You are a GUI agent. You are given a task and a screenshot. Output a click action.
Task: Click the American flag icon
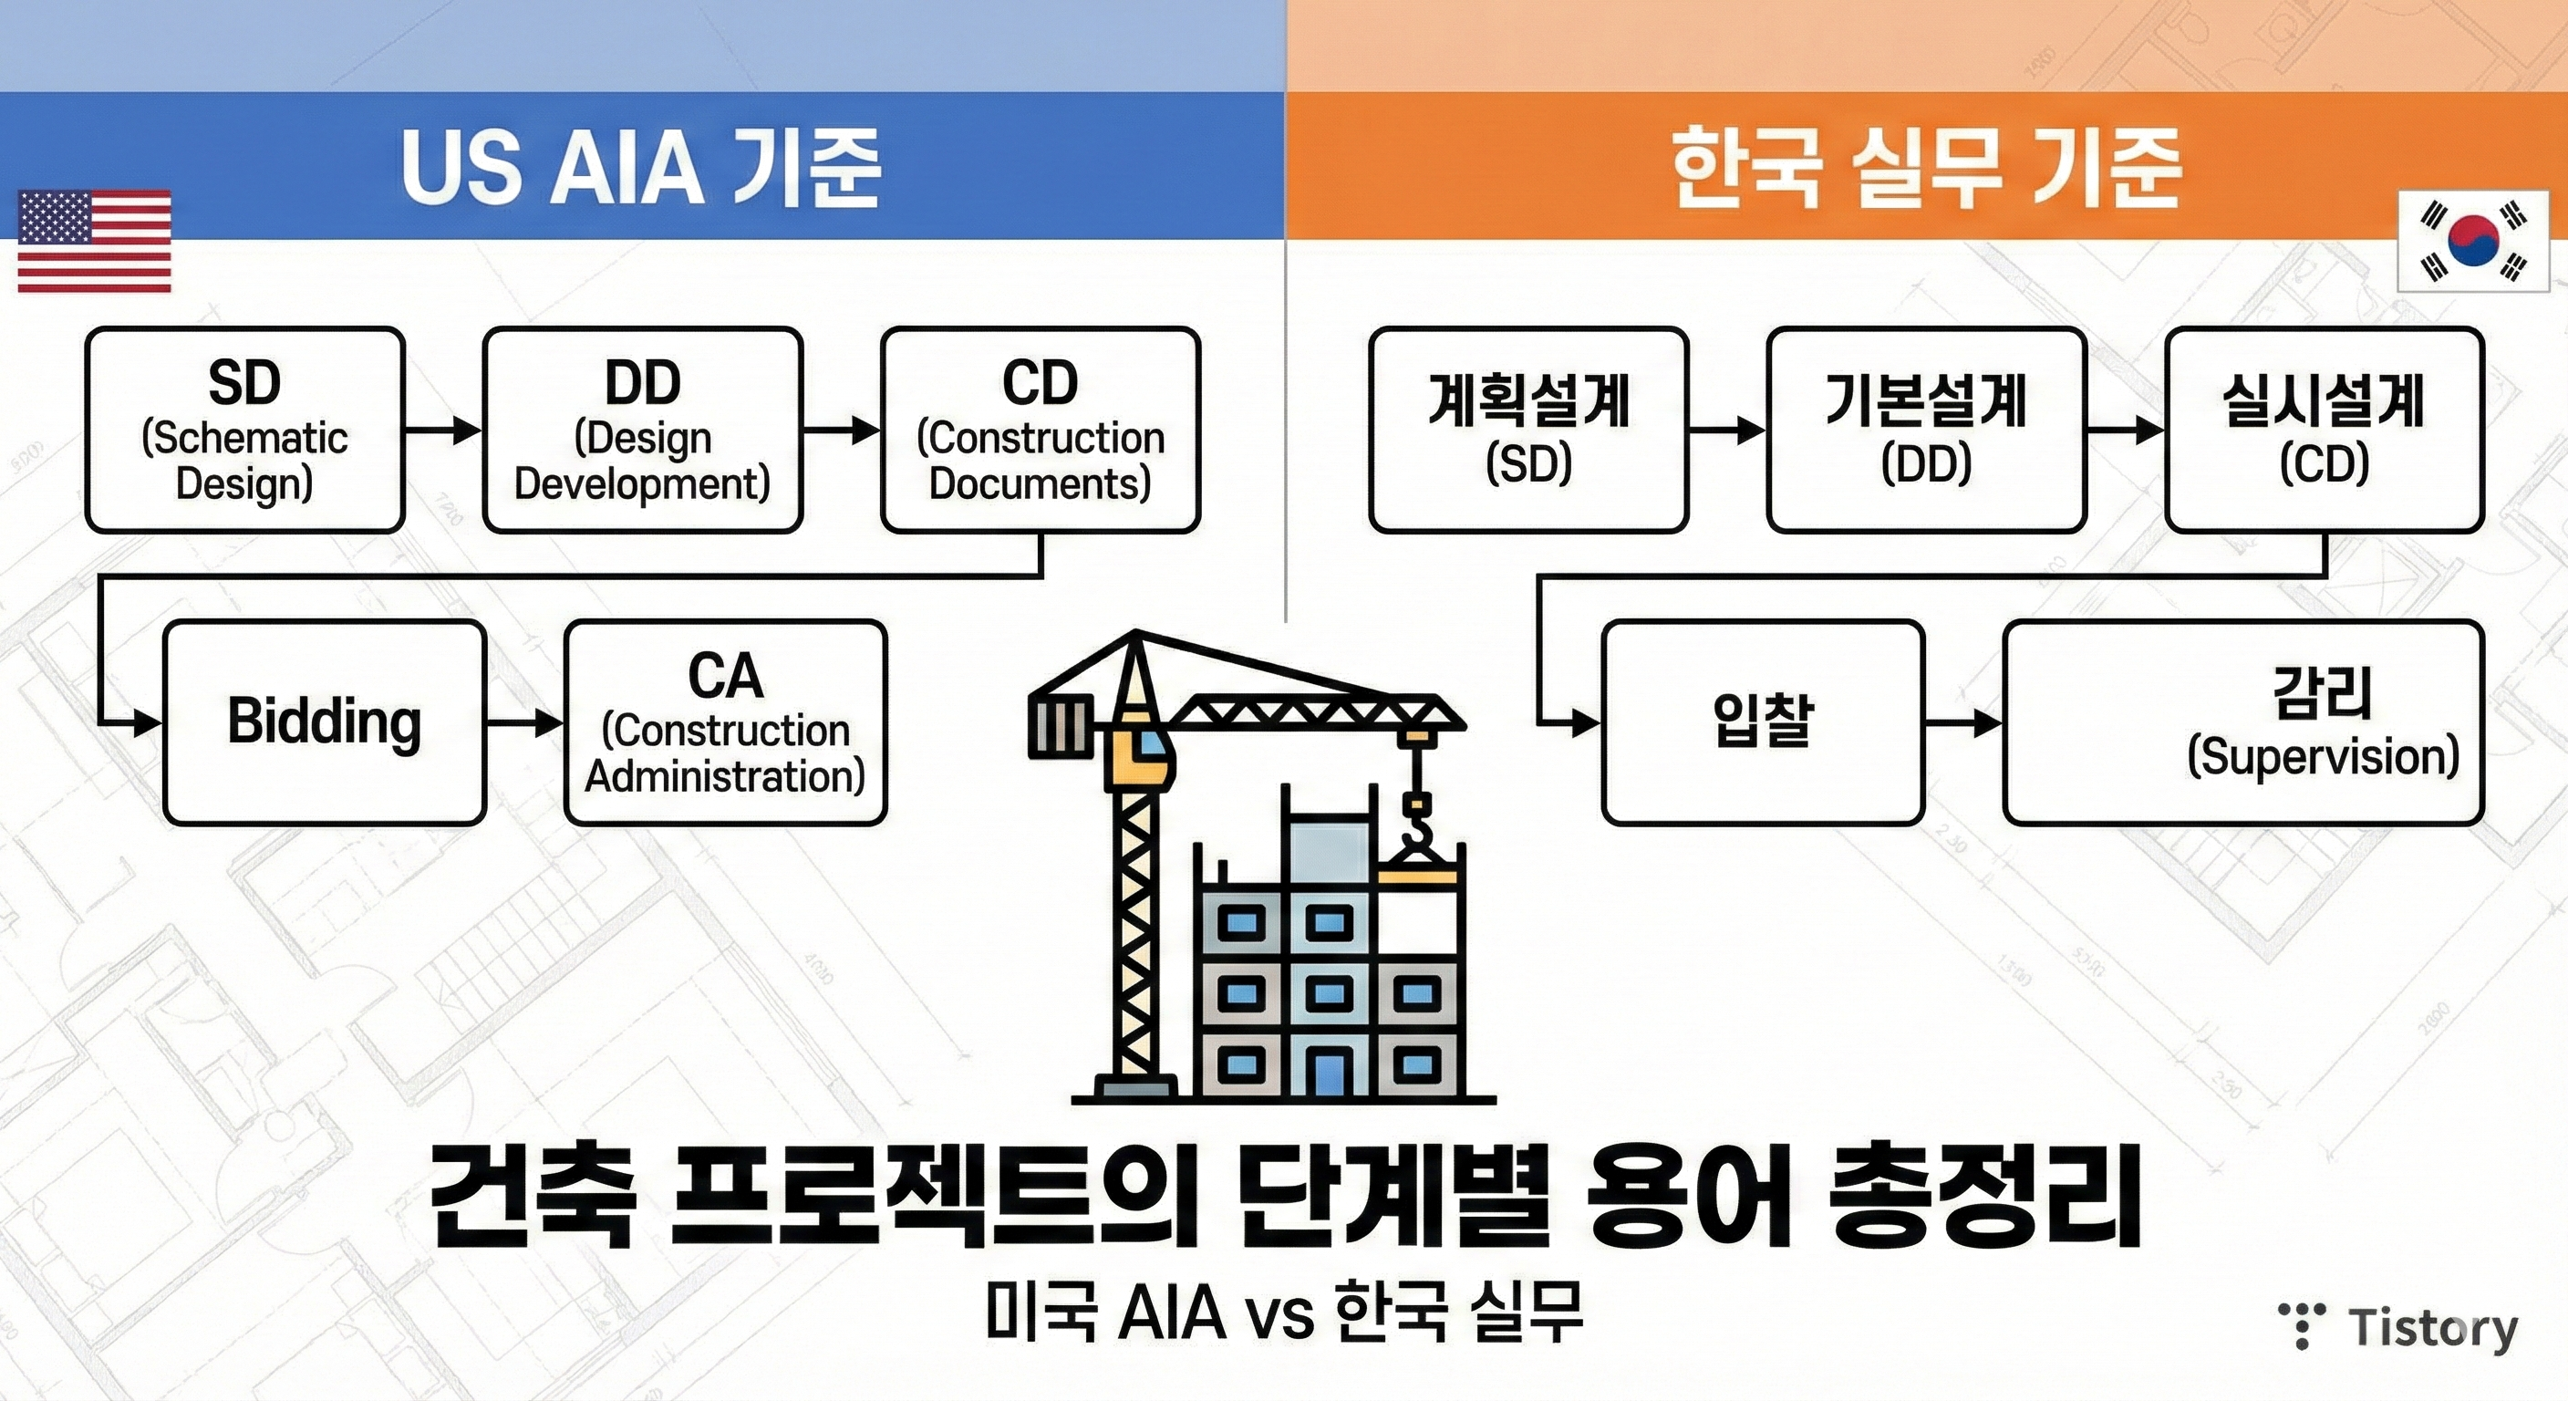pos(95,242)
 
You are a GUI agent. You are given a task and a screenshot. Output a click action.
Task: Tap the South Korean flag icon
pos(2473,242)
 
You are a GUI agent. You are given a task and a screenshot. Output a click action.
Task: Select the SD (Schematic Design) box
pos(245,430)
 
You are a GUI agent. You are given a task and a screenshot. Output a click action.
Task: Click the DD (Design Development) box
pos(643,430)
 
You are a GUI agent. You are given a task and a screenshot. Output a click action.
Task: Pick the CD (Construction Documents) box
pos(1041,430)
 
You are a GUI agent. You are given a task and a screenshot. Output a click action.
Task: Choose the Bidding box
pos(325,722)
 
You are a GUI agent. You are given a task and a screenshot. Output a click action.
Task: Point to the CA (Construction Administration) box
pos(726,722)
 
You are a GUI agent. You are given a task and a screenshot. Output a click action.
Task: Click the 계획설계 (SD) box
pos(1528,430)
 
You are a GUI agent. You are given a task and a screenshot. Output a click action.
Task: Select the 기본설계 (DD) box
pos(1926,430)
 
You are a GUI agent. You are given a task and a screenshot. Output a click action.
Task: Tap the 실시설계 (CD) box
pos(2324,430)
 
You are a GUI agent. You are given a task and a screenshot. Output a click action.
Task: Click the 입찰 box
pos(1763,722)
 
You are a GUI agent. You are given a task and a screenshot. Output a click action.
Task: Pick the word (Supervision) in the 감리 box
pos(2323,757)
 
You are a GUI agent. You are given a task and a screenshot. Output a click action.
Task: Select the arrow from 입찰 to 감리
pos(1962,722)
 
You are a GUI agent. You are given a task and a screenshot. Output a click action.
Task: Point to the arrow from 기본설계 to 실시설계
pos(2126,431)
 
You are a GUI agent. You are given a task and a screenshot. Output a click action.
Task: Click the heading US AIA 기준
pos(641,168)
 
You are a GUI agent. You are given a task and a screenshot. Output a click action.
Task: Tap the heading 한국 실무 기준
pos(1926,168)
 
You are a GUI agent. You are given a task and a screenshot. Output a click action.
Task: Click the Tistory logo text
pos(2432,1328)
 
